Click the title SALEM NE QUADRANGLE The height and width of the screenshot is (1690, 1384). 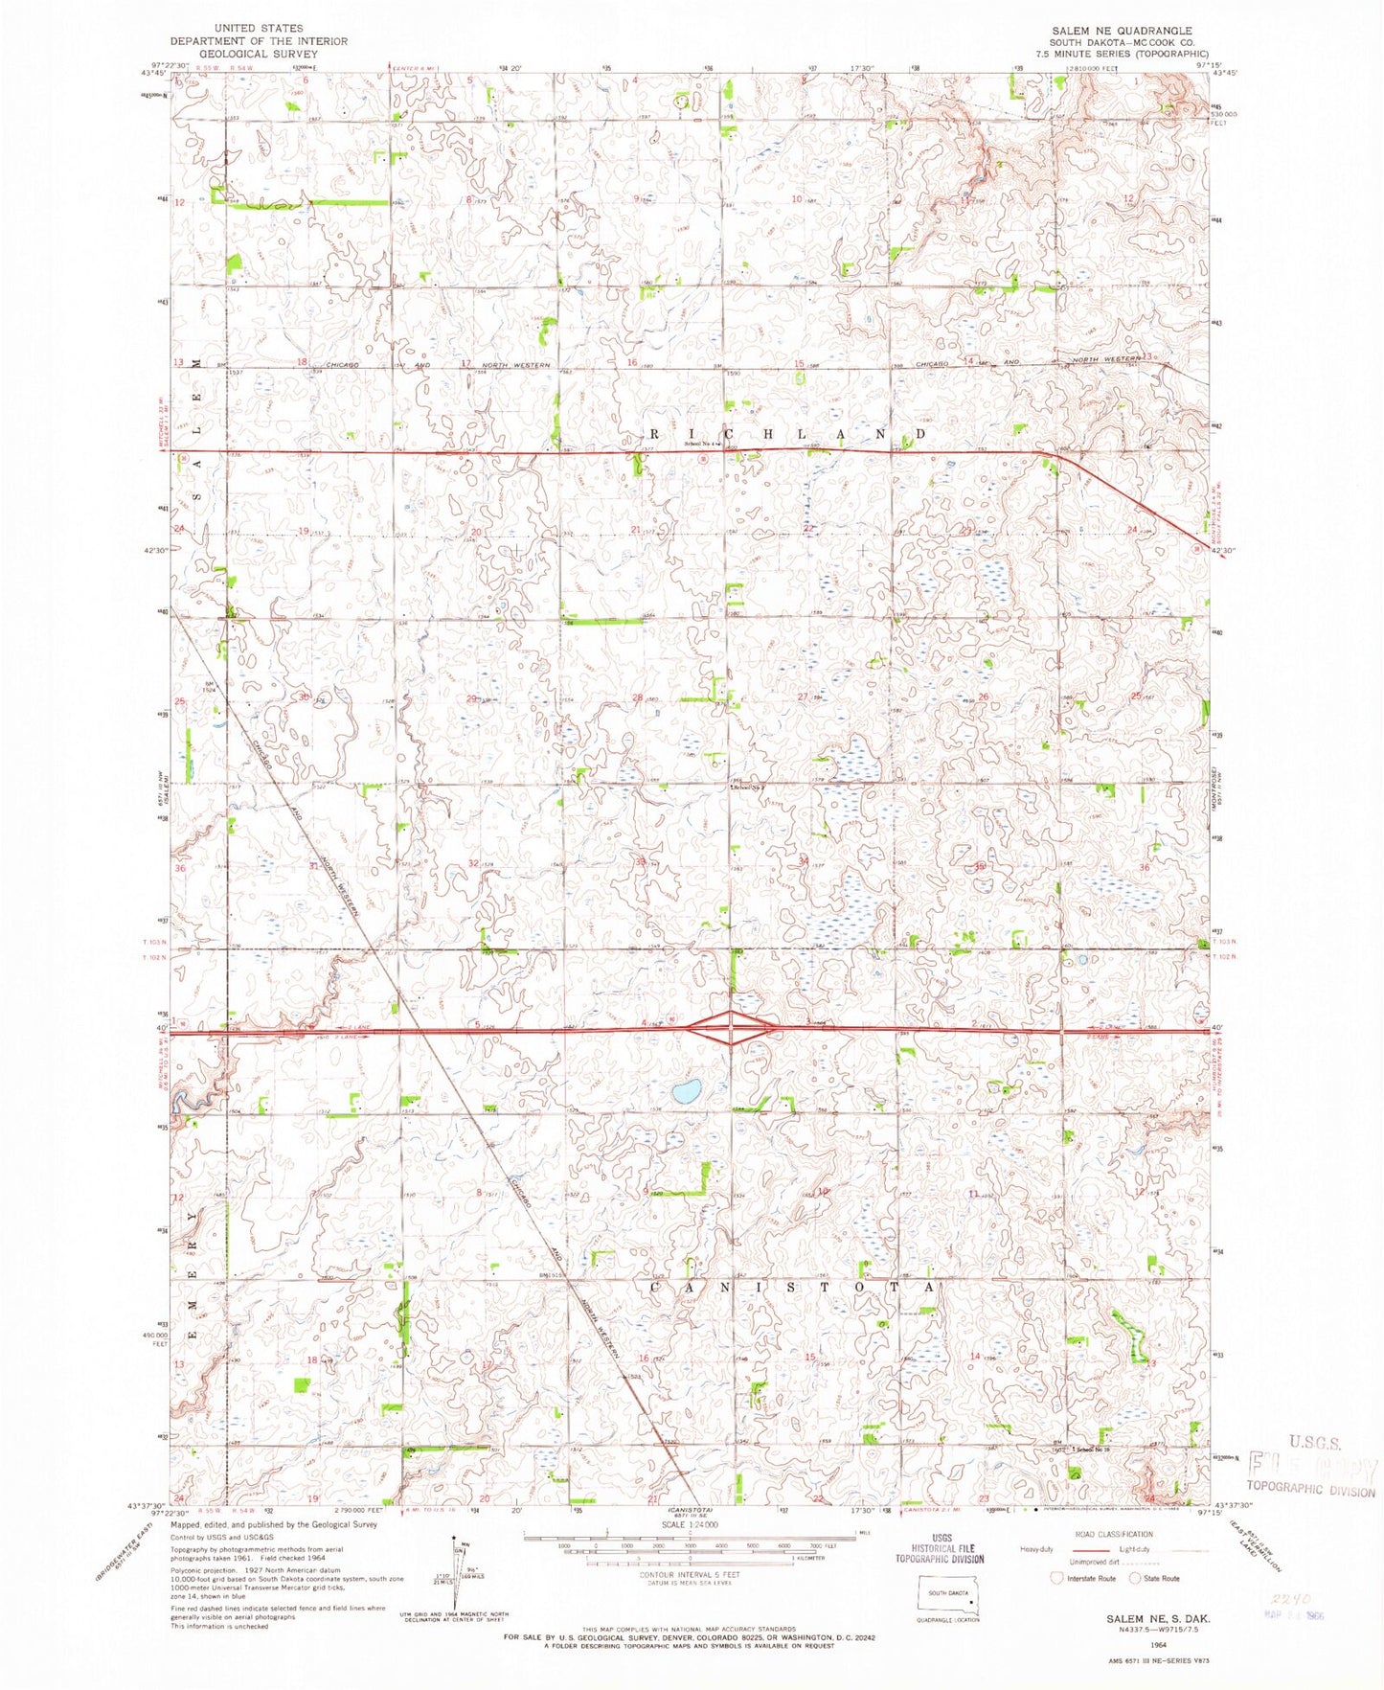point(1122,31)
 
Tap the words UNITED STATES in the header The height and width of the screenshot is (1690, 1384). point(259,29)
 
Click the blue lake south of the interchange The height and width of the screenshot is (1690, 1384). point(686,1091)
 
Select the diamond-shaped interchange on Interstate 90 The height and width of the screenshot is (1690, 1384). point(731,1029)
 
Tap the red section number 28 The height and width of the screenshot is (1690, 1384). point(637,698)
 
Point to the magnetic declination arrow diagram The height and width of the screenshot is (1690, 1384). point(453,1567)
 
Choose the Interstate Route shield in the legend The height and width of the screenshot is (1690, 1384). point(1056,1578)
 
